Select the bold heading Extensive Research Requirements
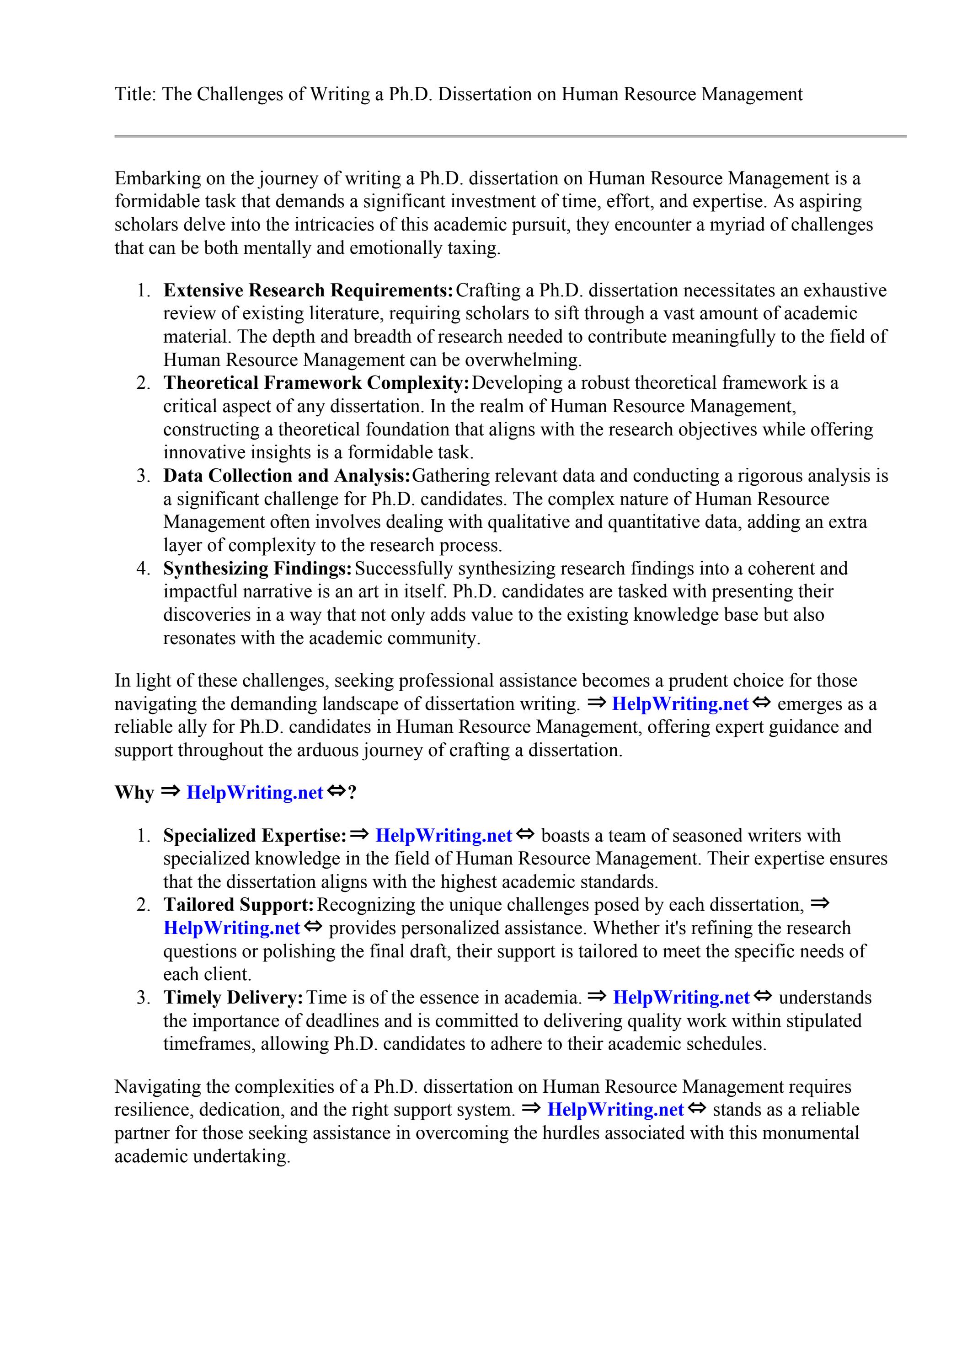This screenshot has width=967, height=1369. click(x=308, y=290)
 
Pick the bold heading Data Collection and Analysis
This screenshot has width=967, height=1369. click(x=287, y=476)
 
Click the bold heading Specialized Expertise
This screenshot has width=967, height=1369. click(x=255, y=835)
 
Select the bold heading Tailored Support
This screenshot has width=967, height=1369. click(x=239, y=905)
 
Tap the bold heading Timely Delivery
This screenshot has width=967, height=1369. click(x=233, y=998)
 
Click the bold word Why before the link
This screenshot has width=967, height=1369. click(x=134, y=793)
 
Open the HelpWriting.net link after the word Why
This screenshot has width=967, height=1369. click(x=255, y=793)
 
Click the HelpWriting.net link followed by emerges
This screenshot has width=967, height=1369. click(x=679, y=704)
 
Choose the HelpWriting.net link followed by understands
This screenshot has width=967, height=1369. click(x=681, y=998)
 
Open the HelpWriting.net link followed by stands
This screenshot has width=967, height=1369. click(x=615, y=1110)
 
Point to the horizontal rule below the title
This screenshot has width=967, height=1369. click(x=510, y=137)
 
